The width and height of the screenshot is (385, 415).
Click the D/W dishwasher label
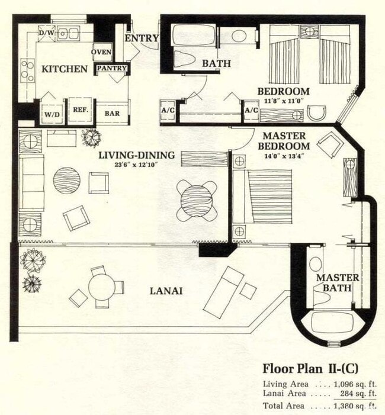click(47, 33)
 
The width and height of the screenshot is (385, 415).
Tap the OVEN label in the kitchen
click(101, 52)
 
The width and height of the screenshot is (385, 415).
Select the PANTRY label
click(112, 68)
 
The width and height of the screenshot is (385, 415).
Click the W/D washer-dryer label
click(52, 115)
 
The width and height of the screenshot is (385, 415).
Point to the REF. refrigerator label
click(81, 110)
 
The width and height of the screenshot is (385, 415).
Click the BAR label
click(112, 113)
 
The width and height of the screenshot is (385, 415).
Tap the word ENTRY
click(142, 38)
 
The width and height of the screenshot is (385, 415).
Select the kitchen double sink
click(68, 34)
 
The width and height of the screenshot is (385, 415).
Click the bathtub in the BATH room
click(194, 35)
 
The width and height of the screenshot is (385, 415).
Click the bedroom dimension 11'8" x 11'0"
click(283, 101)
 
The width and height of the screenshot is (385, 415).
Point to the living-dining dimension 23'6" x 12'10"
click(136, 165)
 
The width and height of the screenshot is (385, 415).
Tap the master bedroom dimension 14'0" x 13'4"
click(284, 156)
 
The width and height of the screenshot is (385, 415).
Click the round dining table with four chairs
click(197, 200)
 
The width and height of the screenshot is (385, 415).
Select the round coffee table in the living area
click(67, 181)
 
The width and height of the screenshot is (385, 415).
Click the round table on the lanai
click(102, 287)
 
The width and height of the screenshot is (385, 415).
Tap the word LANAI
click(166, 291)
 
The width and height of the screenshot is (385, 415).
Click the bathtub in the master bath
click(332, 323)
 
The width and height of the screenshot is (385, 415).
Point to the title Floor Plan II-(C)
click(310, 369)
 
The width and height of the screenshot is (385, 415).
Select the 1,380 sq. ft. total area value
click(355, 406)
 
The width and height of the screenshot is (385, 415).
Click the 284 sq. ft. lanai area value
click(358, 394)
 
